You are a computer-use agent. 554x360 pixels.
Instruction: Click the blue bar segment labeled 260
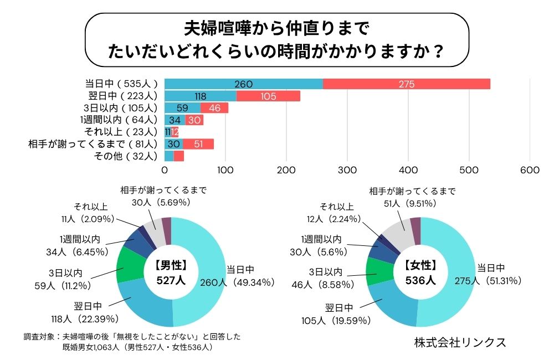pos(244,84)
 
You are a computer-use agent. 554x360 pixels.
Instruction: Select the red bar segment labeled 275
pos(406,84)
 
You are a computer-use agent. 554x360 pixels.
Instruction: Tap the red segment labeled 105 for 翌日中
pos(268,96)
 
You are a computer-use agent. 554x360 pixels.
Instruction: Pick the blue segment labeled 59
pos(182,108)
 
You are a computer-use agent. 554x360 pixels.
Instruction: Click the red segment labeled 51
pos(198,144)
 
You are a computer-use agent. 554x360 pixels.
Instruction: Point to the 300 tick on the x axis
pos(347,170)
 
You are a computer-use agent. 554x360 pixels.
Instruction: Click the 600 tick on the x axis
pos(530,170)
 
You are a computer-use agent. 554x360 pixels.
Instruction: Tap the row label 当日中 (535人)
pos(121,84)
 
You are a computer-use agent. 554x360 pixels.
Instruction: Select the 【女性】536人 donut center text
pos(420,272)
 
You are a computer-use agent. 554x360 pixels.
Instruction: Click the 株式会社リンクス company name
pos(460,342)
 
